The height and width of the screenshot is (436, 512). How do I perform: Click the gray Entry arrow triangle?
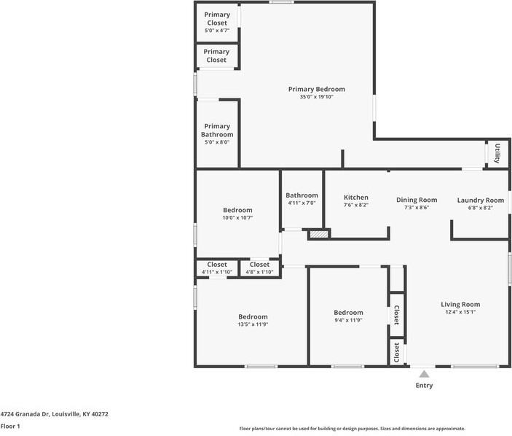tap(424, 374)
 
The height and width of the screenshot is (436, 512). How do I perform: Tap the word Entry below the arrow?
tap(424, 386)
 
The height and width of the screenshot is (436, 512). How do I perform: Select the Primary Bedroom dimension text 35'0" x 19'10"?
tap(316, 97)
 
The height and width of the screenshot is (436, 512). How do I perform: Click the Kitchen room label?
tap(356, 197)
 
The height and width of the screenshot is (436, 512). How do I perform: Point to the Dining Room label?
tap(417, 200)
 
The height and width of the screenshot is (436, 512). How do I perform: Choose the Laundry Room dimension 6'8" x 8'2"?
tap(481, 208)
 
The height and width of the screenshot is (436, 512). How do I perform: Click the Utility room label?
tap(497, 153)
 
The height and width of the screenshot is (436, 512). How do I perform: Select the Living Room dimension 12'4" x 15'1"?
tap(460, 312)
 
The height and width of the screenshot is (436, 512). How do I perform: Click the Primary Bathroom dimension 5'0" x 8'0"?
tap(217, 142)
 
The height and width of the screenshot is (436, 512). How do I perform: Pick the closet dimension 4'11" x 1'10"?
tap(217, 272)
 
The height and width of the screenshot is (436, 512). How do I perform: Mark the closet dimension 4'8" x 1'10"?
tap(259, 272)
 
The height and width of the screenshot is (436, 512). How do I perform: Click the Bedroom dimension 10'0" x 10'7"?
tap(237, 218)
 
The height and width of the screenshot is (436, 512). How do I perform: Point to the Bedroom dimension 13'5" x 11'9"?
tap(253, 324)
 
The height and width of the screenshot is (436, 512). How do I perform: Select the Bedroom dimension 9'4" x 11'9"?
tap(348, 320)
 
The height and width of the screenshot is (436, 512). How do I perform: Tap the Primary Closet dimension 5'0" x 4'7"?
tap(217, 31)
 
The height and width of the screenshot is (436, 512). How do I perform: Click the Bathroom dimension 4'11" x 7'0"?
tap(302, 203)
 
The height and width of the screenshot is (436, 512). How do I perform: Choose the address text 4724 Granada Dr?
tap(25, 414)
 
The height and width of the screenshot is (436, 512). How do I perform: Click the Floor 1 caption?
tap(10, 427)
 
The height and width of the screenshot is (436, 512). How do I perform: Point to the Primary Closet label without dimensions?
tap(216, 56)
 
